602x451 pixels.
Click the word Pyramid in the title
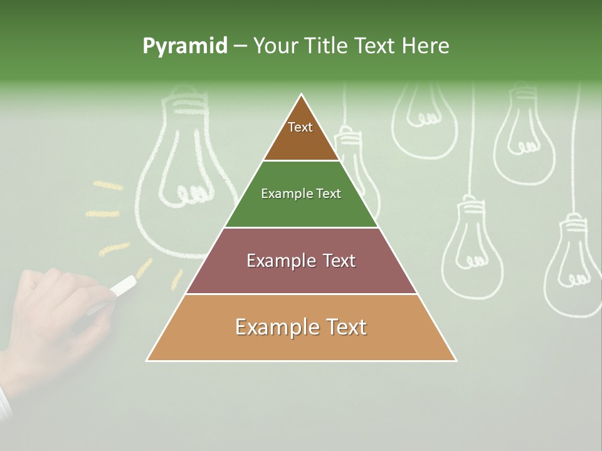185,46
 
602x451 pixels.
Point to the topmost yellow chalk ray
108,185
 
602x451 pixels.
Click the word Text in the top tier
300,127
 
